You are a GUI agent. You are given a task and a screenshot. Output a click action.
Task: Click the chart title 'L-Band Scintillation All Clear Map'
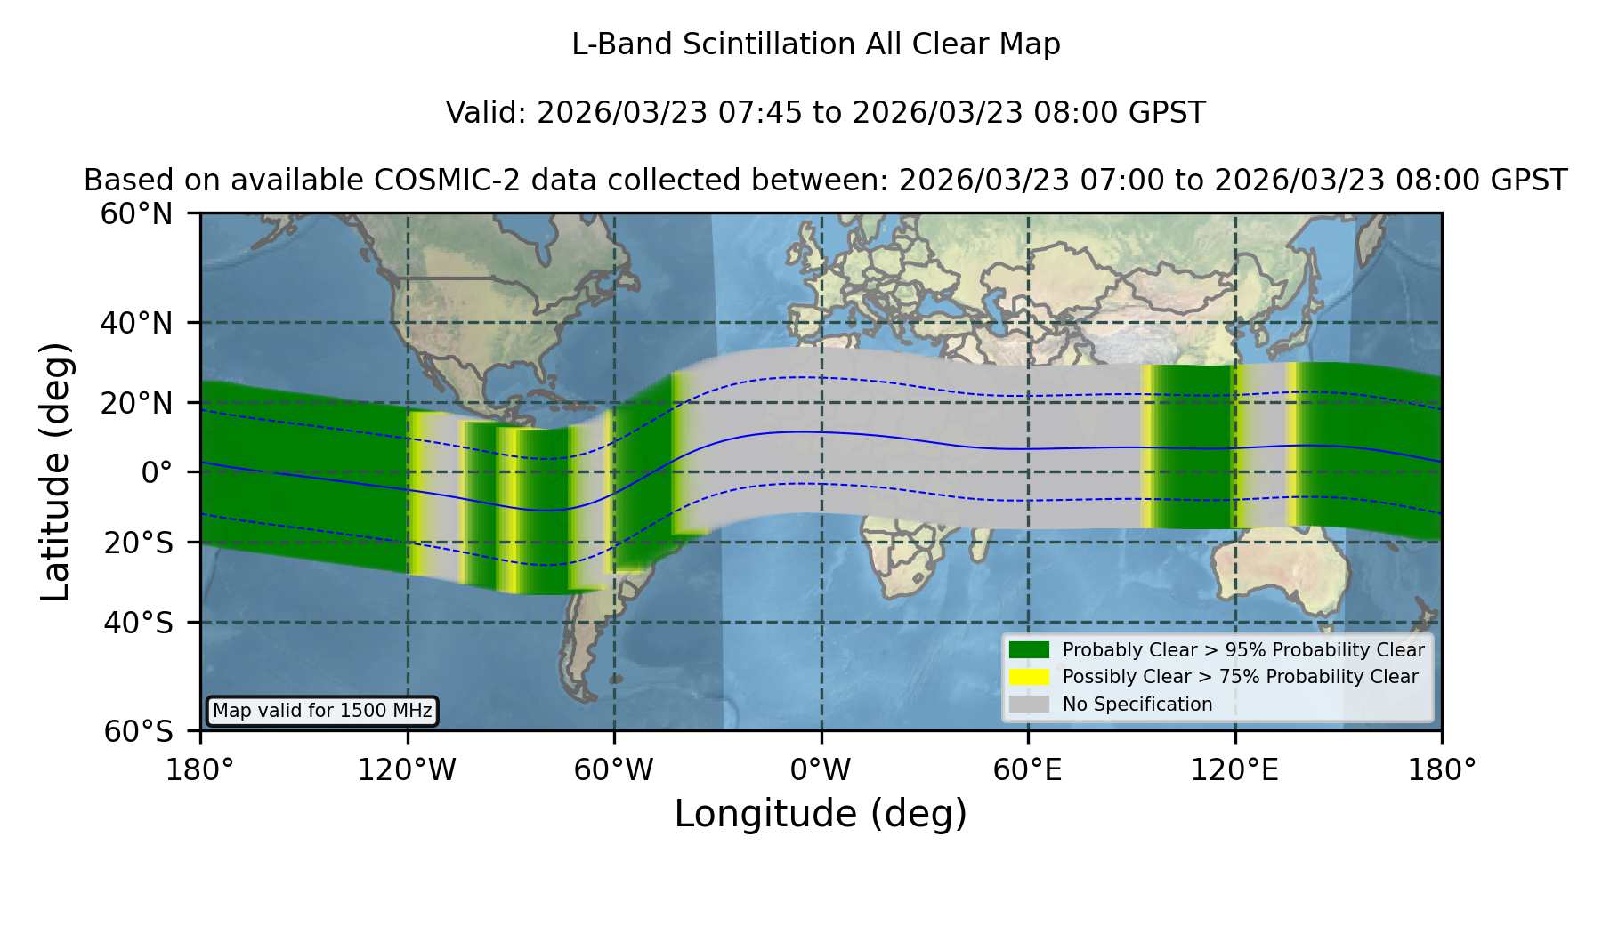816,44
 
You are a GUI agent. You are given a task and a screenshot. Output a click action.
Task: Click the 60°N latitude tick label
137,214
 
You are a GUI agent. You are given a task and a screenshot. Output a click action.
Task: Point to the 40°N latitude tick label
137,323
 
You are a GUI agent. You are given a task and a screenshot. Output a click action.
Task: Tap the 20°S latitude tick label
138,543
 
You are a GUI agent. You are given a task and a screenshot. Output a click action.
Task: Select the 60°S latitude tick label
138,731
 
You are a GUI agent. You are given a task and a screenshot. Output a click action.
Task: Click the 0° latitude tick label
157,472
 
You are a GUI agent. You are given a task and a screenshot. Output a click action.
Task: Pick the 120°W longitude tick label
407,769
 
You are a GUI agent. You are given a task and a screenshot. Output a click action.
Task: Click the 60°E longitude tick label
1028,769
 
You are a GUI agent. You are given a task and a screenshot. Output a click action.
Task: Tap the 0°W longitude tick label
821,769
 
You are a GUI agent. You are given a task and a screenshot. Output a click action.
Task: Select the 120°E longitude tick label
1234,769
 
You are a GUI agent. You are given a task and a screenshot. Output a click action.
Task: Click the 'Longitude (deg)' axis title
821,814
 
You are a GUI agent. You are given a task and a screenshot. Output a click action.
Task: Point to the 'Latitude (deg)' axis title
55,471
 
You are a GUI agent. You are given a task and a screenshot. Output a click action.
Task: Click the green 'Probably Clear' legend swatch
1030,650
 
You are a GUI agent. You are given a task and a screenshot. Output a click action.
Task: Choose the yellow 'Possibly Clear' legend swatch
1030,677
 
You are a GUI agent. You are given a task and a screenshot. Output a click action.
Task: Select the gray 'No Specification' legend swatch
1030,705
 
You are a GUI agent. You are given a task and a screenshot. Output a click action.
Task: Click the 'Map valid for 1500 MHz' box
322,711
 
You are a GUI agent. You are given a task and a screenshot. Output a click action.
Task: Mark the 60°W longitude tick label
613,769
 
